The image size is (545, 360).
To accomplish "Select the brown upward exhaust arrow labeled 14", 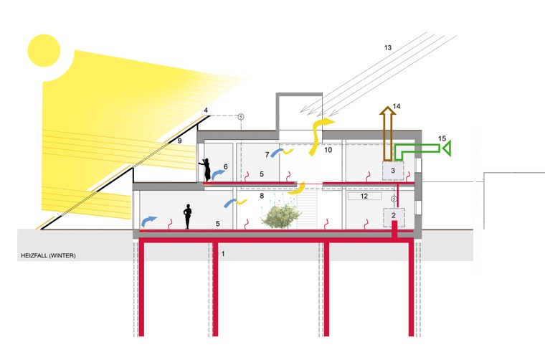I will pyautogui.click(x=388, y=133).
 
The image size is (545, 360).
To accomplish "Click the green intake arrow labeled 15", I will pyautogui.click(x=423, y=149).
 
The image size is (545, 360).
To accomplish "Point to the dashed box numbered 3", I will pyautogui.click(x=392, y=171).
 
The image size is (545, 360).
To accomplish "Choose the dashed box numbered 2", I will pyautogui.click(x=394, y=214).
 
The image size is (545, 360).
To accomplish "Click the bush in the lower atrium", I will pyautogui.click(x=280, y=215).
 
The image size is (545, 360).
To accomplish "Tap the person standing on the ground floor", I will pyautogui.click(x=188, y=217).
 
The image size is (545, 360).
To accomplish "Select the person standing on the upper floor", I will pyautogui.click(x=207, y=169).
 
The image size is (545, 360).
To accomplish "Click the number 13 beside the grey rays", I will pyautogui.click(x=388, y=47).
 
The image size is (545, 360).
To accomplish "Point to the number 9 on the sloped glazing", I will pyautogui.click(x=180, y=141).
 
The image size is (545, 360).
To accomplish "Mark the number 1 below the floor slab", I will pyautogui.click(x=223, y=254).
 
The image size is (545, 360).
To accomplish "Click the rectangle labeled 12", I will pyautogui.click(x=364, y=195).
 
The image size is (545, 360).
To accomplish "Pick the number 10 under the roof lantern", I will pyautogui.click(x=328, y=151).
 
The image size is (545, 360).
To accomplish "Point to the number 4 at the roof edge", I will pyautogui.click(x=206, y=110).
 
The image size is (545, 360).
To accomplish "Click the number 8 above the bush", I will pyautogui.click(x=262, y=195).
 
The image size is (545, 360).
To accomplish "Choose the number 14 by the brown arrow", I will pyautogui.click(x=396, y=106).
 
